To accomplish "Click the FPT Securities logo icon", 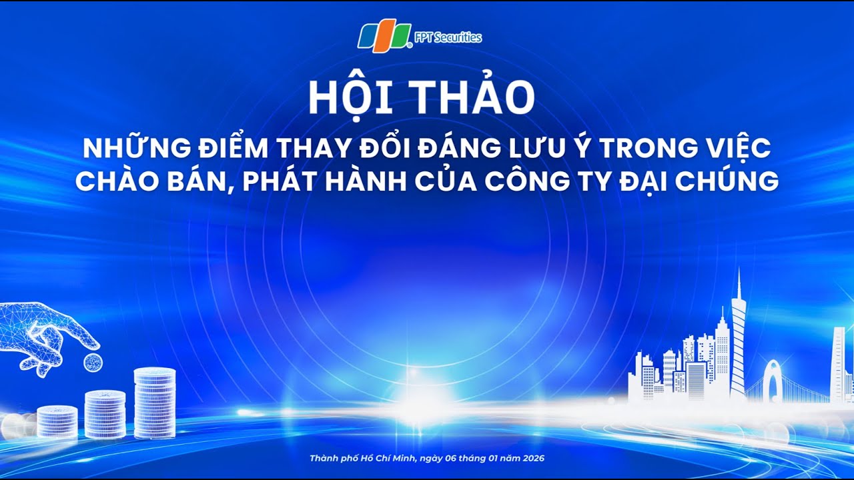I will [385, 37].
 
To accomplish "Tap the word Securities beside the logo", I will [458, 38].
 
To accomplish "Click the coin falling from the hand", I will [93, 363].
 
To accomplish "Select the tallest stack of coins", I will [155, 403].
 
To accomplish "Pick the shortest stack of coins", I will [57, 421].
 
